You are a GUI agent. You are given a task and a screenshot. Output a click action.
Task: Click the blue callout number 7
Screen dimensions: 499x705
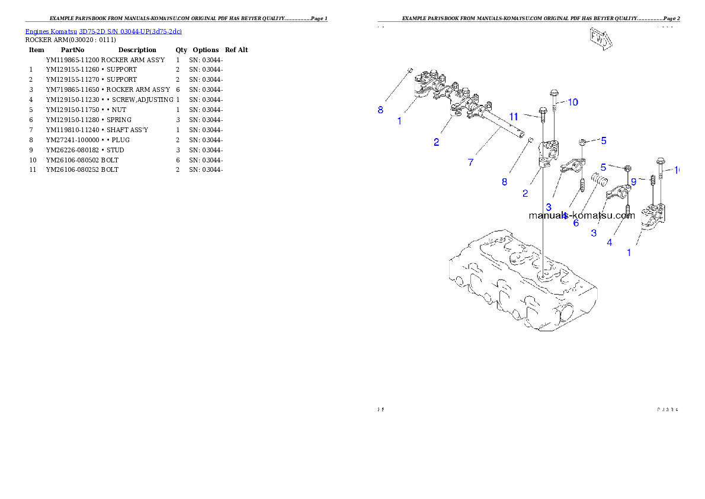pyautogui.click(x=470, y=162)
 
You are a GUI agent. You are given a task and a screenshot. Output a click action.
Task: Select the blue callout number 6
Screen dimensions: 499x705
pyautogui.click(x=575, y=223)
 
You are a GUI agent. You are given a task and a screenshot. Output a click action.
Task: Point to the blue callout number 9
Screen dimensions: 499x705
pyautogui.click(x=633, y=181)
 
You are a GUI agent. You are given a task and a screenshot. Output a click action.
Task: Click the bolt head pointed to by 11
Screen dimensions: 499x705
pyautogui.click(x=542, y=110)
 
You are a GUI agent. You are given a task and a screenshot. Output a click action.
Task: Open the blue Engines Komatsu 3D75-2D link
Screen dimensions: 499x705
pyautogui.click(x=103, y=31)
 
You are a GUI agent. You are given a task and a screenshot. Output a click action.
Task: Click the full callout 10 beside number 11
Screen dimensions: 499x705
pyautogui.click(x=572, y=102)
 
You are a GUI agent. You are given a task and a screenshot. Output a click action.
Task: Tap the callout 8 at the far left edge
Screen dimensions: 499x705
pyautogui.click(x=380, y=110)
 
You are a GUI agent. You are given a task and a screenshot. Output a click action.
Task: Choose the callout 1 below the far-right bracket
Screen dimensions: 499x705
pyautogui.click(x=629, y=252)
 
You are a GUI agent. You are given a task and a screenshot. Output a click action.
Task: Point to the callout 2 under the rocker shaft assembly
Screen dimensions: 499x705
pyautogui.click(x=436, y=142)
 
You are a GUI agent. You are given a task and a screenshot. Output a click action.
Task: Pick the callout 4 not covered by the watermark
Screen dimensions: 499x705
pyautogui.click(x=609, y=242)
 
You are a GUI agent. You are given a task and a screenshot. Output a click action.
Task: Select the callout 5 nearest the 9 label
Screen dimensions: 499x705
pyautogui.click(x=603, y=167)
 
